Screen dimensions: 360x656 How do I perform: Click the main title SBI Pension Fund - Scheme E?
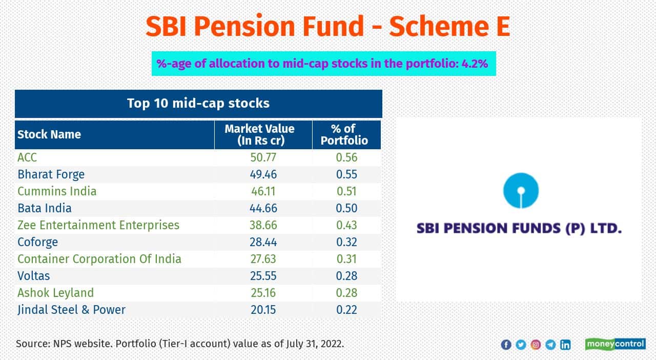pos(327,26)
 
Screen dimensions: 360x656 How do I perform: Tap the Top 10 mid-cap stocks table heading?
pos(198,103)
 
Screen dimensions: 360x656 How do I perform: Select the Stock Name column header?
pos(49,134)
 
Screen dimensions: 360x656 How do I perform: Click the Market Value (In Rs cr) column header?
pos(260,134)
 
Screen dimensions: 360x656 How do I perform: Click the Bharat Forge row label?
pos(51,174)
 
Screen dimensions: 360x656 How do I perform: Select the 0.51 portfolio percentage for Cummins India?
pos(346,191)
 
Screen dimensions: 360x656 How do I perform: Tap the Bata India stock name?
pos(45,208)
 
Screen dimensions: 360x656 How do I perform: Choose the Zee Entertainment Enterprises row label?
pos(98,225)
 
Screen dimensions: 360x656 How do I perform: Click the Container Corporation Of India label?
pos(99,259)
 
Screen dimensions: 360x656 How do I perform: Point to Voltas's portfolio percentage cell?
pos(346,276)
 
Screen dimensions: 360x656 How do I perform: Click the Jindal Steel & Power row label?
pos(71,310)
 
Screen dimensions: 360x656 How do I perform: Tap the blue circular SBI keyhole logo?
pos(519,192)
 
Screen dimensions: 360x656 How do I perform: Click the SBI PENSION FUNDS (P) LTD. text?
pos(519,228)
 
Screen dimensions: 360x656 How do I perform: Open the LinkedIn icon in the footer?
pos(565,345)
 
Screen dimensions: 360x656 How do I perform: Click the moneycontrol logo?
pos(615,344)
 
